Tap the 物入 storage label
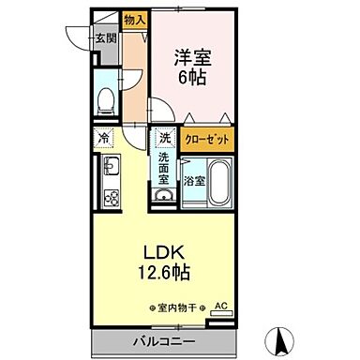[x=135, y=19]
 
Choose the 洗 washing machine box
[x=166, y=138]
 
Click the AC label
[x=220, y=306]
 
